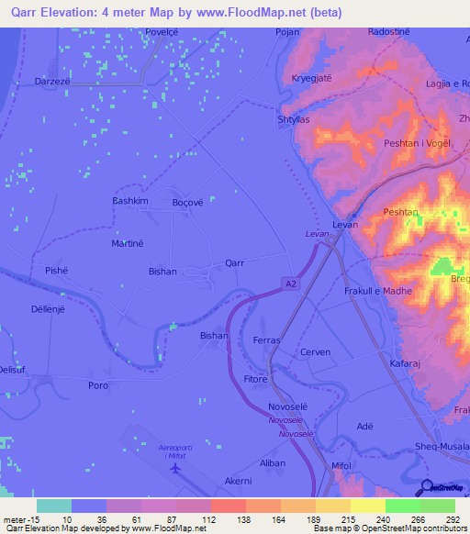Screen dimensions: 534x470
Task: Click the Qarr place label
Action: pos(235,262)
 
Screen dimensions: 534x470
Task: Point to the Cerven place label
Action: pos(315,352)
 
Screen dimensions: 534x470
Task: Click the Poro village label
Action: pos(98,385)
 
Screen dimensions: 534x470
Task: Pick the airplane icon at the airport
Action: pos(175,468)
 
